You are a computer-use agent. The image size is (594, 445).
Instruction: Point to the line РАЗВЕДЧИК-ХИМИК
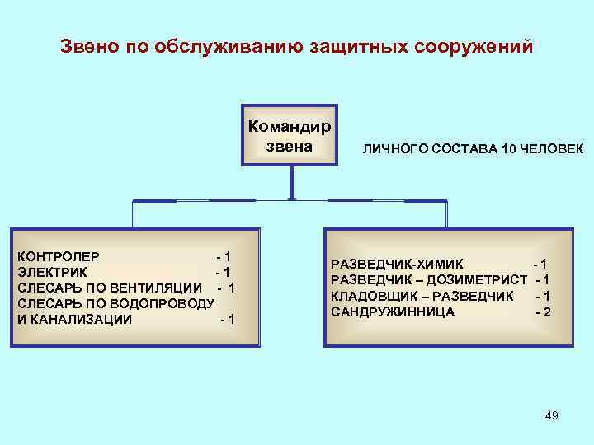(x=397, y=264)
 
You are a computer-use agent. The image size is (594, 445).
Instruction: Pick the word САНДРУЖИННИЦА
(x=393, y=311)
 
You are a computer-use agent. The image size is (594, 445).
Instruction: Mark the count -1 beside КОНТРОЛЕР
(x=223, y=256)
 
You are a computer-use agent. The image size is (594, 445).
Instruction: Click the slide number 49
(x=551, y=416)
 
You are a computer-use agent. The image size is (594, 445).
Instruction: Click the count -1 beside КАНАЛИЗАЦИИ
(x=227, y=319)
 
